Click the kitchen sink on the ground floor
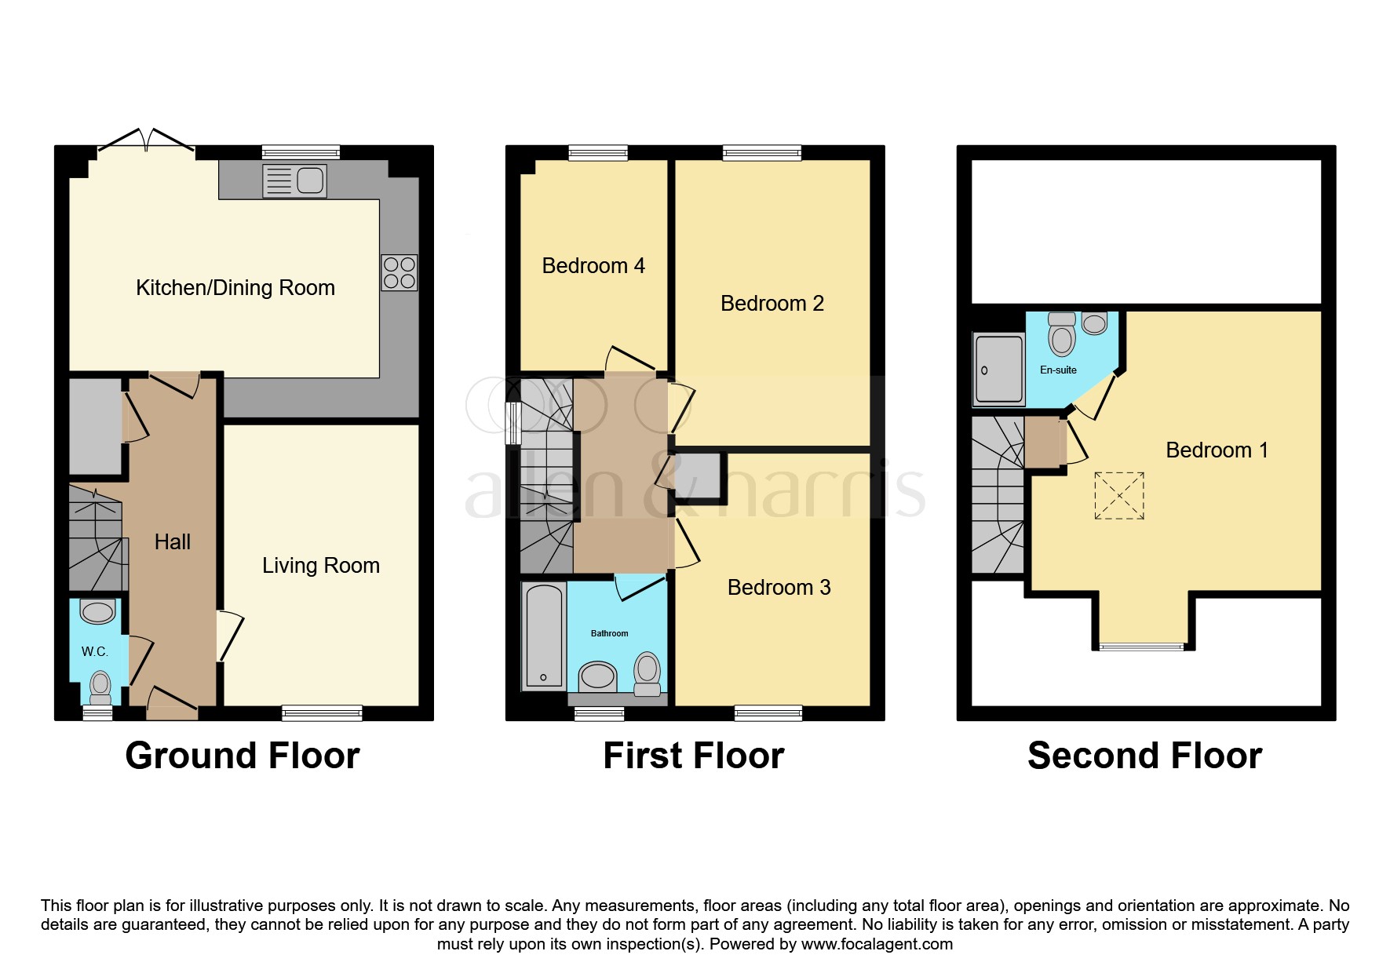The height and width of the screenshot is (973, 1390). pos(294,181)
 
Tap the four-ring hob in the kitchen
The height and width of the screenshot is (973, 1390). pos(399,273)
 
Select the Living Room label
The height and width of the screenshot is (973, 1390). pos(320,566)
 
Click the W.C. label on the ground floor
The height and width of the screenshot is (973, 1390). pos(94,652)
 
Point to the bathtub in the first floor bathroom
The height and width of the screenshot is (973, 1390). pos(543,636)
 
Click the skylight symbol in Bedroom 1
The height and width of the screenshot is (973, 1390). pos(1118,495)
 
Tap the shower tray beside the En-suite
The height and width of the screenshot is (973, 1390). pos(998,369)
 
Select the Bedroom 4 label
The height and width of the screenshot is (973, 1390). pos(593,266)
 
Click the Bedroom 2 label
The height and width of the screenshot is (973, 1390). pos(772,304)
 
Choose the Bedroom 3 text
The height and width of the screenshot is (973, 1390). pos(779,588)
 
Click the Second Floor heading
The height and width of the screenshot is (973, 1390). pos(1144,756)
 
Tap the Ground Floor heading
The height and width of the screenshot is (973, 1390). pos(242,756)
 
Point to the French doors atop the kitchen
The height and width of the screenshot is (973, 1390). pos(146,141)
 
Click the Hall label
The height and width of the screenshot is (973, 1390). pos(172,542)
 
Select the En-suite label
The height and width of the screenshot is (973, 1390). pos(1057,370)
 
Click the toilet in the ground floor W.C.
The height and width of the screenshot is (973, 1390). pos(100,686)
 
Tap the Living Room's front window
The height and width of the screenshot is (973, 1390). pos(322,713)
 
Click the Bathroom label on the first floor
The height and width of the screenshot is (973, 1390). pos(609,634)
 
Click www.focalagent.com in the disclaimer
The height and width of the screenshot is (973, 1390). pos(877,945)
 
